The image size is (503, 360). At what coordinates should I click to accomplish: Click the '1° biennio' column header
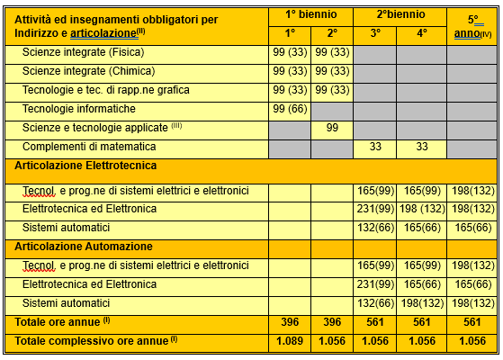pos(310,14)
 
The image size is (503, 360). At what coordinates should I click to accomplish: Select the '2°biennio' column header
pos(397,14)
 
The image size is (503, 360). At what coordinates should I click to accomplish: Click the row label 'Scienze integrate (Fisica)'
pos(83,53)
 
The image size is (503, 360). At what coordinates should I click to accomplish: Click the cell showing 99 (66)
pos(290,109)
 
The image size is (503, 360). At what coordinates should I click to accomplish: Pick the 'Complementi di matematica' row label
pos(88,147)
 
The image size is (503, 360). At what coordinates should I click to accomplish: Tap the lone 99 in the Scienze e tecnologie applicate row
pos(332,128)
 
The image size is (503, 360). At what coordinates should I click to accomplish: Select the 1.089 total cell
pos(290,340)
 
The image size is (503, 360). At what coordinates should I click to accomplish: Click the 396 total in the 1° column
pos(290,321)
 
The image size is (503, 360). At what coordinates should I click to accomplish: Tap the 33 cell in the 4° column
pos(419,147)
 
